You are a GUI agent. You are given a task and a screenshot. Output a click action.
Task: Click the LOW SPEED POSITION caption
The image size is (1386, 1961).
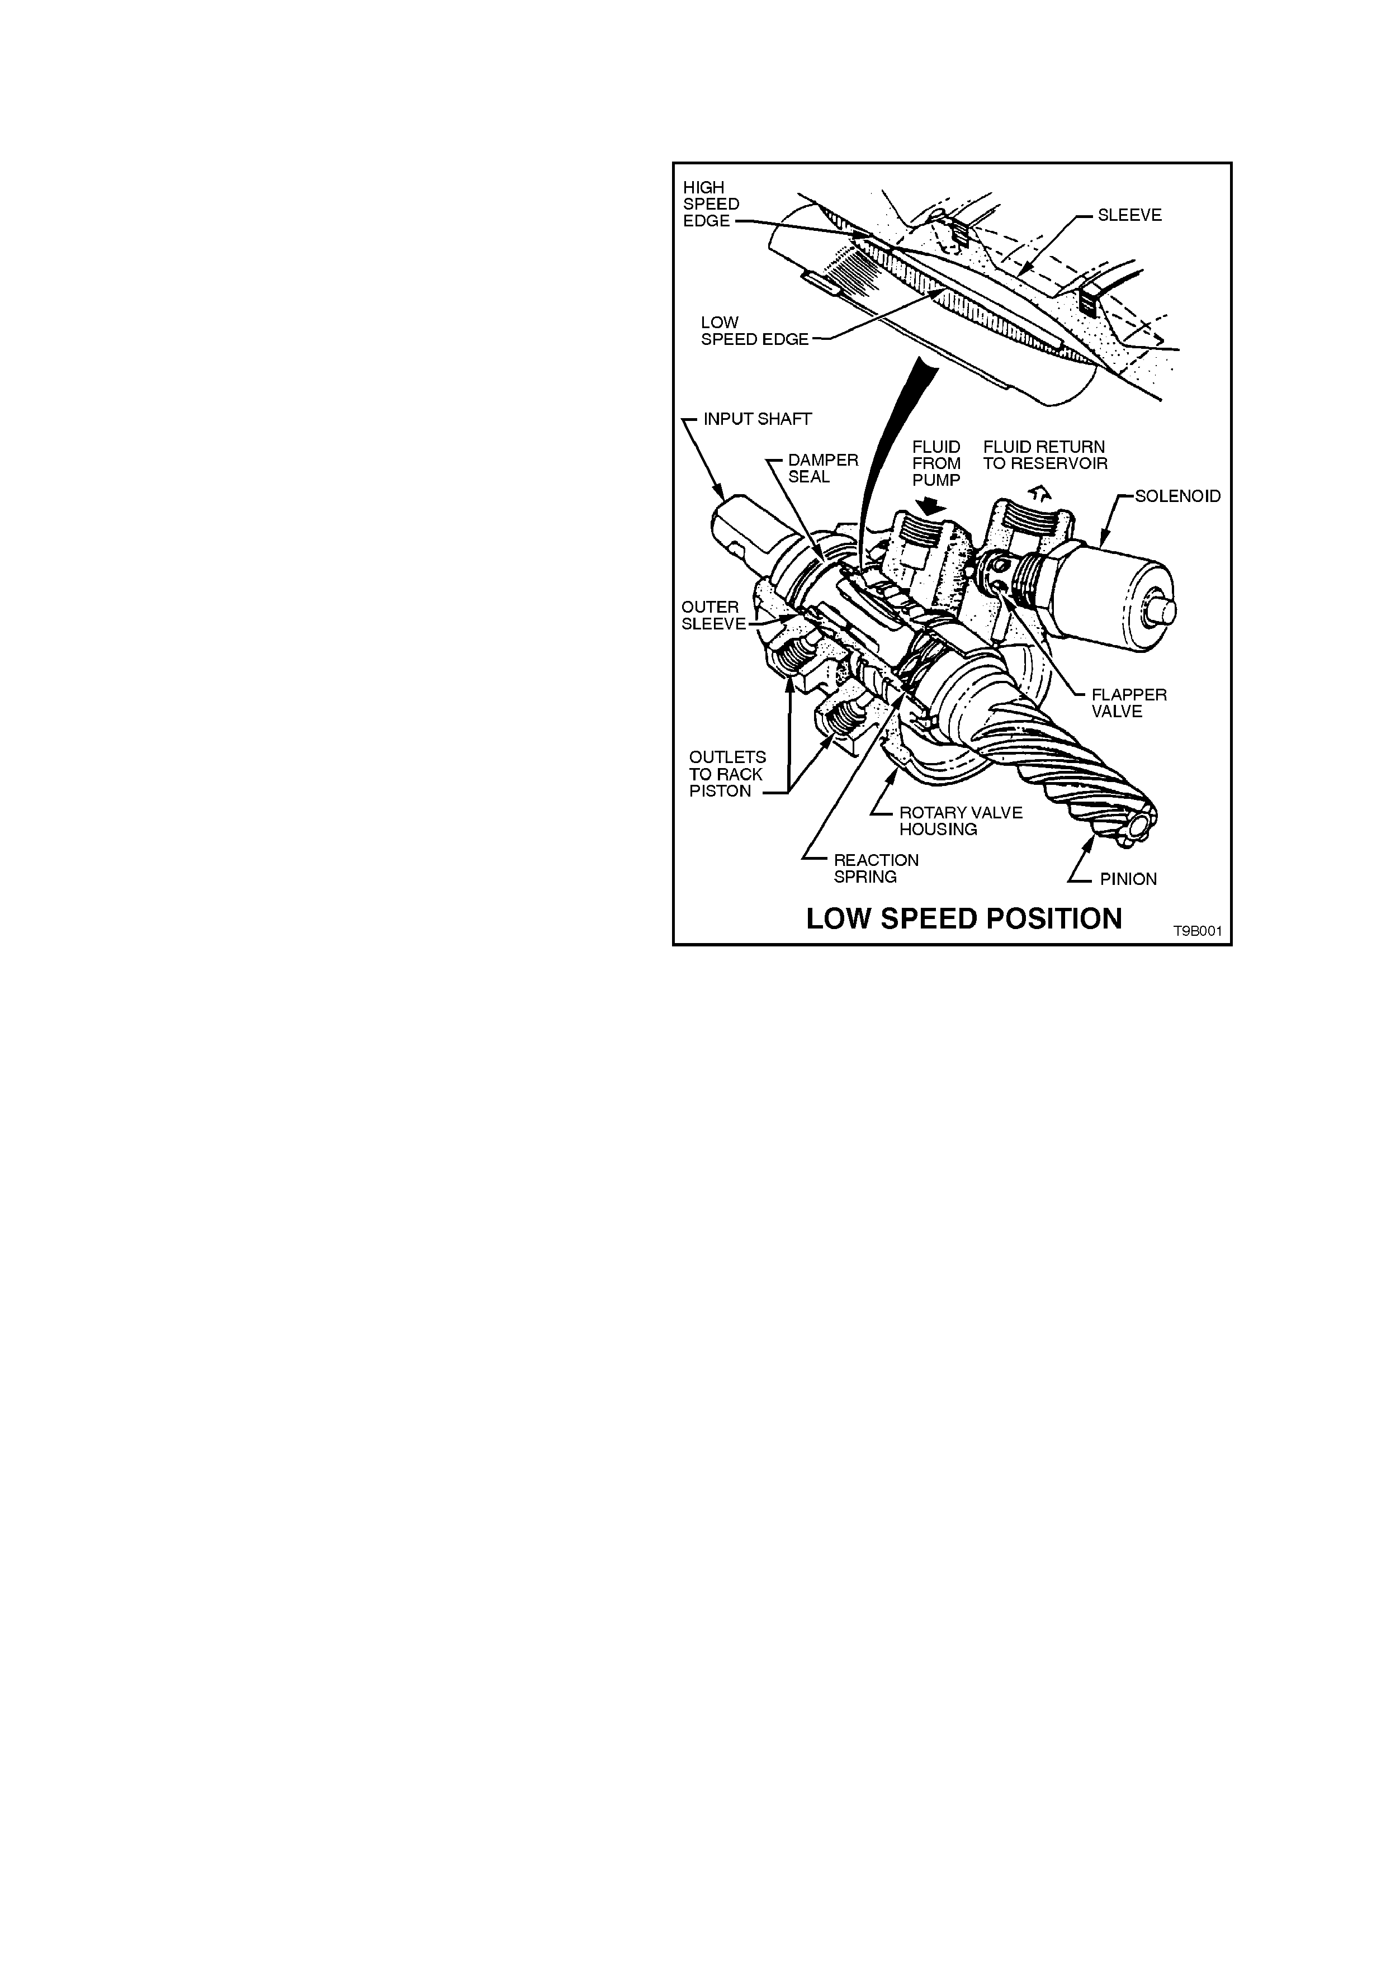[x=964, y=919]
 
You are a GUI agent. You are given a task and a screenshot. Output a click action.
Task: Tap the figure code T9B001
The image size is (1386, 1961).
[x=1197, y=931]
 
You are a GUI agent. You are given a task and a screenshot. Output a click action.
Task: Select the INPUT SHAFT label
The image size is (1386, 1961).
[x=758, y=419]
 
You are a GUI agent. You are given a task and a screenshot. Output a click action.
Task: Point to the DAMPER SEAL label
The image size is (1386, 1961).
[x=823, y=468]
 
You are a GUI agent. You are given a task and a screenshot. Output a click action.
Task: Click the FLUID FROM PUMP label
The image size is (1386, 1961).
[x=937, y=464]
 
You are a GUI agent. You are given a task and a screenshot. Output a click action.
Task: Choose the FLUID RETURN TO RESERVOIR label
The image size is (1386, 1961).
[x=1046, y=455]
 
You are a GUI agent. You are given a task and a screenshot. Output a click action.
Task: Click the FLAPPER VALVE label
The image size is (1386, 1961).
[x=1129, y=703]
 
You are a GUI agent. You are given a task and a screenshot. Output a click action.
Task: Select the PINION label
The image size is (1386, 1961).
[x=1128, y=879]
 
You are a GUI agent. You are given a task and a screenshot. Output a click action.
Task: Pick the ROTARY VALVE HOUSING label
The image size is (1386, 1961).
[x=961, y=821]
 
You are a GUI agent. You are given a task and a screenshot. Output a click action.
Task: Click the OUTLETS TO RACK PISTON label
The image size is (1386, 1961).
[x=727, y=774]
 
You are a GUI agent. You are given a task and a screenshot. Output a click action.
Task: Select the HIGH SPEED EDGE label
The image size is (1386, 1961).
[x=711, y=204]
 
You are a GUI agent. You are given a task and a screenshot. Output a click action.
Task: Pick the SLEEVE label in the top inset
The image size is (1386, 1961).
[x=1130, y=215]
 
